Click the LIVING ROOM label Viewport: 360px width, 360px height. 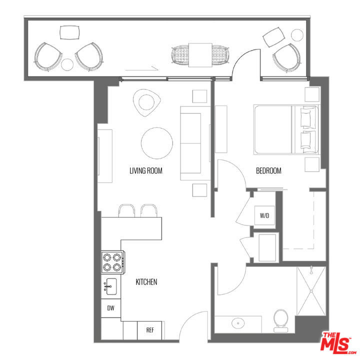tap(146, 171)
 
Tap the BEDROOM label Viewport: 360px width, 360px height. tap(268, 171)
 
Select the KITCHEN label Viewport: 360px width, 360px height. tap(146, 282)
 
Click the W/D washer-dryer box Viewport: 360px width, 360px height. tap(264, 215)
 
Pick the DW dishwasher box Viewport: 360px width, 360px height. tap(111, 308)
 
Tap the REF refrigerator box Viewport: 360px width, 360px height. tap(149, 330)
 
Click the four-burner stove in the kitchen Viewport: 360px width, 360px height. tap(113, 262)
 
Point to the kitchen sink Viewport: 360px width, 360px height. tap(111, 286)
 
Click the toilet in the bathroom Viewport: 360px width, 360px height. tap(280, 320)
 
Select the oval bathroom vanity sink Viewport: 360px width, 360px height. tap(238, 323)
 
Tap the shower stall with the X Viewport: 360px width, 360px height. tap(311, 291)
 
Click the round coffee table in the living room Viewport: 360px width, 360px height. tap(157, 143)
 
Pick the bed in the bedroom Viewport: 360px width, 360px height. tap(286, 129)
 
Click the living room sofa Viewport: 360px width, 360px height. tap(195, 143)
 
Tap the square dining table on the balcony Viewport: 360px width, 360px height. tap(200, 55)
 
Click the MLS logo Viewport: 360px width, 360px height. tap(338, 344)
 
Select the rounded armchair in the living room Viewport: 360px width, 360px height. tap(146, 102)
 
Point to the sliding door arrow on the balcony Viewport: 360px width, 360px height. tap(142, 68)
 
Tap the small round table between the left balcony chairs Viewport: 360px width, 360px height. tap(67, 64)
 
